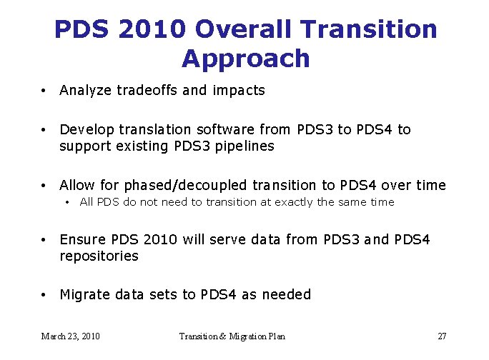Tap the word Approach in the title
(x=245, y=59)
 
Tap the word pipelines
(x=244, y=147)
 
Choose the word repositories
(x=99, y=256)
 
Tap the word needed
(x=287, y=294)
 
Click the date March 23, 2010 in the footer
(x=70, y=336)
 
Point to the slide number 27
(x=441, y=336)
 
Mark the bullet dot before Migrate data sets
(x=44, y=295)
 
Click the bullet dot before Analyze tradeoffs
(x=44, y=91)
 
